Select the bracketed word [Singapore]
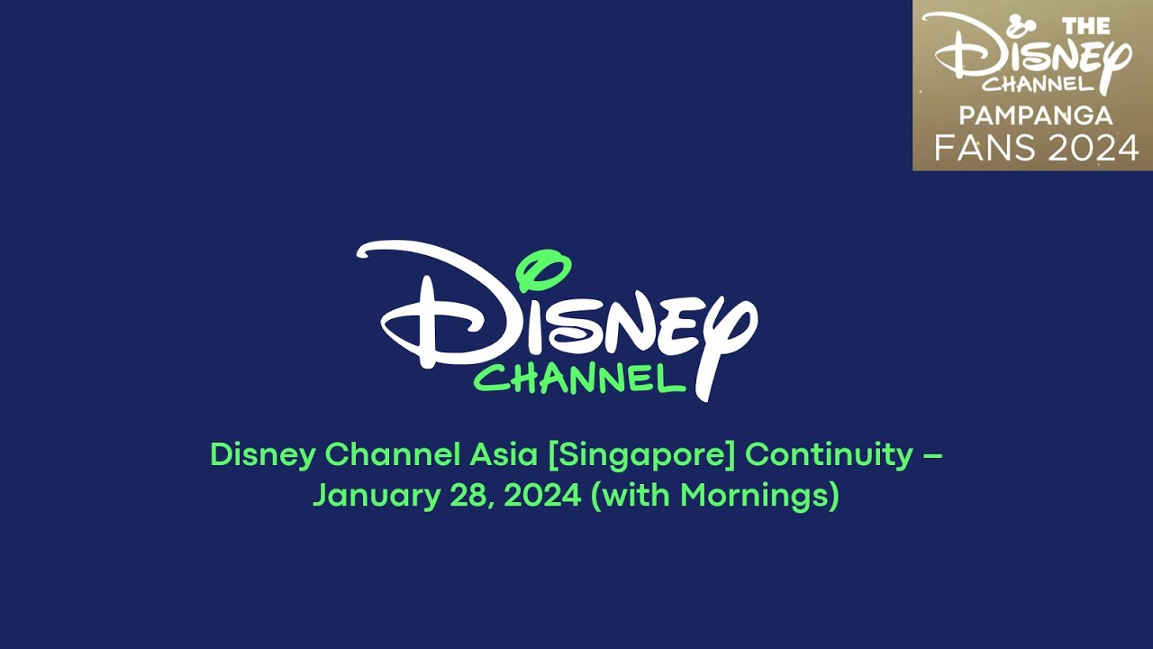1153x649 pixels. (x=641, y=454)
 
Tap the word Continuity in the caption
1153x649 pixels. (x=829, y=454)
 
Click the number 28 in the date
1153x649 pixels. (x=462, y=496)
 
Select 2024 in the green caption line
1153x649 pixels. (x=541, y=496)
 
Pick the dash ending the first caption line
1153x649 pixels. (x=932, y=455)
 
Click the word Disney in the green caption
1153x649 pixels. (x=262, y=454)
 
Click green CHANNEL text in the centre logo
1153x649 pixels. (x=579, y=379)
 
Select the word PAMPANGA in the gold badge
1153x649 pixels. (x=1035, y=115)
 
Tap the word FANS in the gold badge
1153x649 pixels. (x=977, y=147)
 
